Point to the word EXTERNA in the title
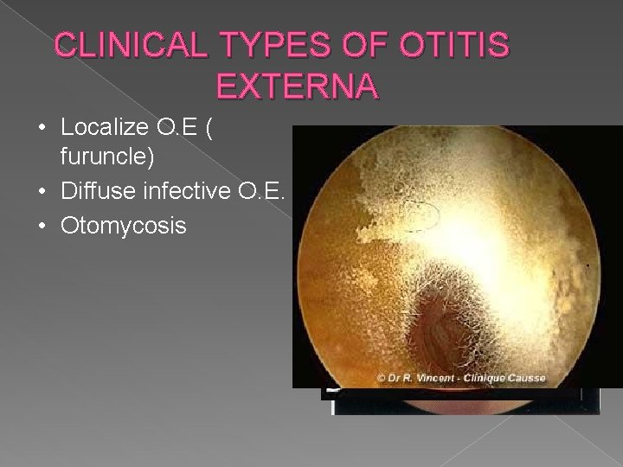(x=295, y=86)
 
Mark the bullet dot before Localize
(x=44, y=129)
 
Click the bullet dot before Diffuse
(x=44, y=193)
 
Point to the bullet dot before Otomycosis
(x=44, y=226)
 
